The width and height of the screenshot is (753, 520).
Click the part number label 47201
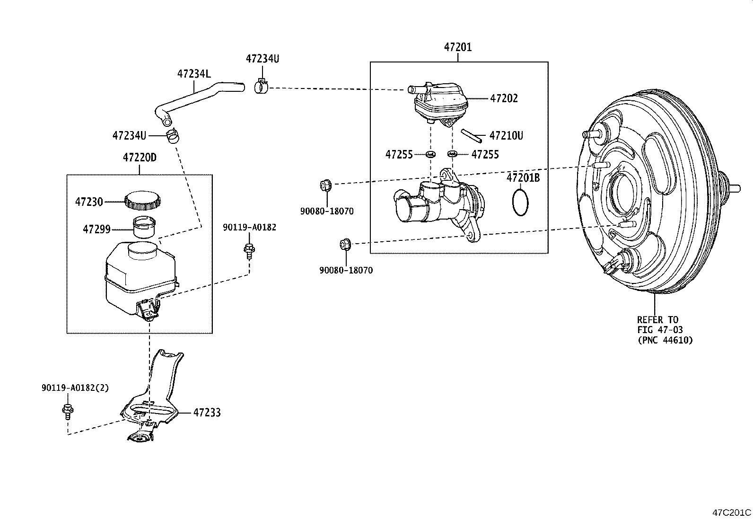click(457, 47)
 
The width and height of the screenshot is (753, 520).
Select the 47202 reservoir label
click(504, 98)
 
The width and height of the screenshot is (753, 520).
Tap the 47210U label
click(506, 136)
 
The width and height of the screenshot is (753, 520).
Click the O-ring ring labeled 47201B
click(520, 202)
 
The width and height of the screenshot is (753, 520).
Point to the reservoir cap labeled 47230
click(141, 201)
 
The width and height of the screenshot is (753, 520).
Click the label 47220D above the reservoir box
click(140, 158)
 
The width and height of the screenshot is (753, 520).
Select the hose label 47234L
click(194, 74)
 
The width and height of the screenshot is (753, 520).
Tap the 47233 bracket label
click(207, 413)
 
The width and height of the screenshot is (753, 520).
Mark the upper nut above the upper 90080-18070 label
click(326, 185)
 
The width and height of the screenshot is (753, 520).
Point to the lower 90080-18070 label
click(346, 270)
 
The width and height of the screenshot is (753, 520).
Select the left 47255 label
click(399, 154)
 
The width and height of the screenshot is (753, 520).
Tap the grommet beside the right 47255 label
click(452, 154)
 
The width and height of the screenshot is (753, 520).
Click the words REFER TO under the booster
click(657, 320)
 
